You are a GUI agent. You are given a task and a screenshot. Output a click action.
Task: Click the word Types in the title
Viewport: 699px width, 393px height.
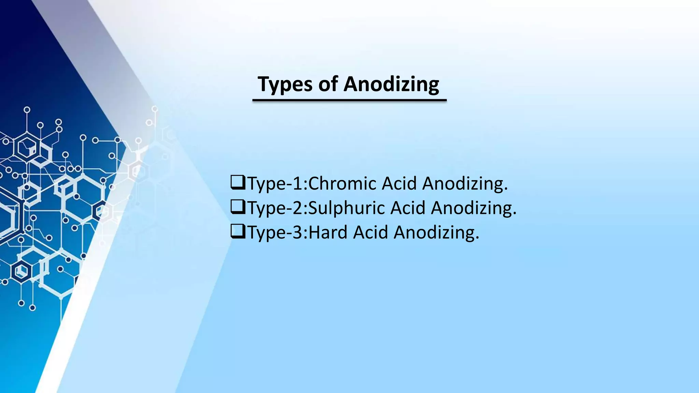285,84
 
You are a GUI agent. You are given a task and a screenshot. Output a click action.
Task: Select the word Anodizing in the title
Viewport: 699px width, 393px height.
391,84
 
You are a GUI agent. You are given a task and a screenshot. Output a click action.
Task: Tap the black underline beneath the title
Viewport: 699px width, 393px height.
349,100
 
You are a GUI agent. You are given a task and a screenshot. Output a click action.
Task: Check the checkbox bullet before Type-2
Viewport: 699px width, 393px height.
238,207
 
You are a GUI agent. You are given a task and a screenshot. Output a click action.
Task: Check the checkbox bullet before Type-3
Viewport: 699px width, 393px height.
238,231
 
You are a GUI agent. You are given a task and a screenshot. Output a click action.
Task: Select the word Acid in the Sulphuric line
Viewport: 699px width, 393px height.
408,208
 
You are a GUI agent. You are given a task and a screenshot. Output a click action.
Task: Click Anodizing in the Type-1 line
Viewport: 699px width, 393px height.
465,184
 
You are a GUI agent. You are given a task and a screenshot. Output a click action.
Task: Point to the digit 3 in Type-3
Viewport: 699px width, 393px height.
297,233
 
